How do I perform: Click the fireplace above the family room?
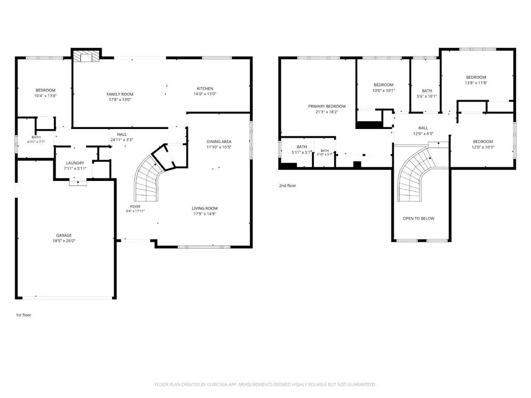click(x=87, y=56)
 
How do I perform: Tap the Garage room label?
click(x=64, y=235)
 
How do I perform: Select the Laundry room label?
click(x=75, y=163)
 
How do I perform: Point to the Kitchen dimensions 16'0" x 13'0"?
click(x=205, y=94)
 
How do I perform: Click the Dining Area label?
click(x=219, y=141)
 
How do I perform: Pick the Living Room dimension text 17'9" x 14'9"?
click(x=204, y=214)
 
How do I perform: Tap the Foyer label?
click(x=135, y=206)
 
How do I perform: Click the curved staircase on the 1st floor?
click(x=147, y=179)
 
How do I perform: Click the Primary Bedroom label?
click(x=327, y=106)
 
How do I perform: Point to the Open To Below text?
click(x=418, y=218)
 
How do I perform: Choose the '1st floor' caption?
click(x=23, y=315)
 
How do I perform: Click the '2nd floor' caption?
click(x=287, y=186)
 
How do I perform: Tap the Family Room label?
click(x=120, y=94)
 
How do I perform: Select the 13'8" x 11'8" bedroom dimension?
click(x=476, y=83)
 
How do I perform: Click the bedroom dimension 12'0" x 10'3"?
click(x=483, y=147)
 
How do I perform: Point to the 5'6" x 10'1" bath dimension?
click(x=427, y=96)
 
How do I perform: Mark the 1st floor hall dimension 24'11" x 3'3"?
click(x=121, y=140)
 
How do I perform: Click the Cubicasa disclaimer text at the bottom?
click(x=265, y=385)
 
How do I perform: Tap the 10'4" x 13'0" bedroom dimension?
click(x=46, y=96)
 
